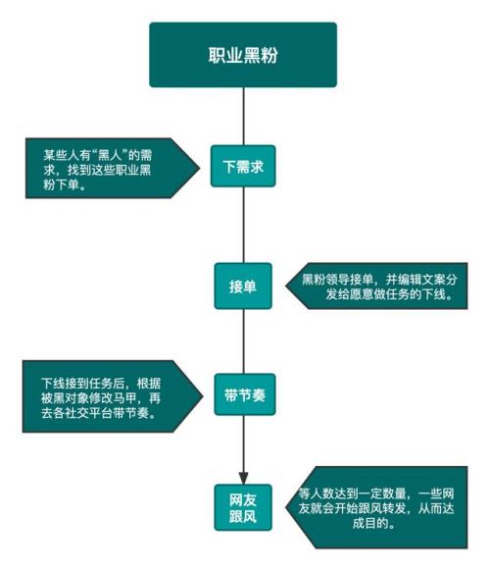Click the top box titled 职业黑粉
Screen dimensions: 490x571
[x=243, y=55]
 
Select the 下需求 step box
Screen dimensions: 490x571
[x=243, y=166]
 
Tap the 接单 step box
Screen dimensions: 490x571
[x=243, y=286]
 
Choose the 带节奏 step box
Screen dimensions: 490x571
[x=245, y=394]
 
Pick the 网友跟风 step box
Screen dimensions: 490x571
[x=243, y=507]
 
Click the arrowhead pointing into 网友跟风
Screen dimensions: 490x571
[x=243, y=478]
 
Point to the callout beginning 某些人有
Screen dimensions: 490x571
[x=113, y=168]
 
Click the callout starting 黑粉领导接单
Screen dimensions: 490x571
[x=376, y=285]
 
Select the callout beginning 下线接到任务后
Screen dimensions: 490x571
[x=113, y=396]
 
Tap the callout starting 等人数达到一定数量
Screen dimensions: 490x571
[x=376, y=507]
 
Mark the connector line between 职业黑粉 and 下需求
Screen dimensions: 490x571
[x=243, y=117]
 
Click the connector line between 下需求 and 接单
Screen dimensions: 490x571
[x=243, y=225]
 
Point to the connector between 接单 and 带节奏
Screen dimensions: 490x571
[x=243, y=341]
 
